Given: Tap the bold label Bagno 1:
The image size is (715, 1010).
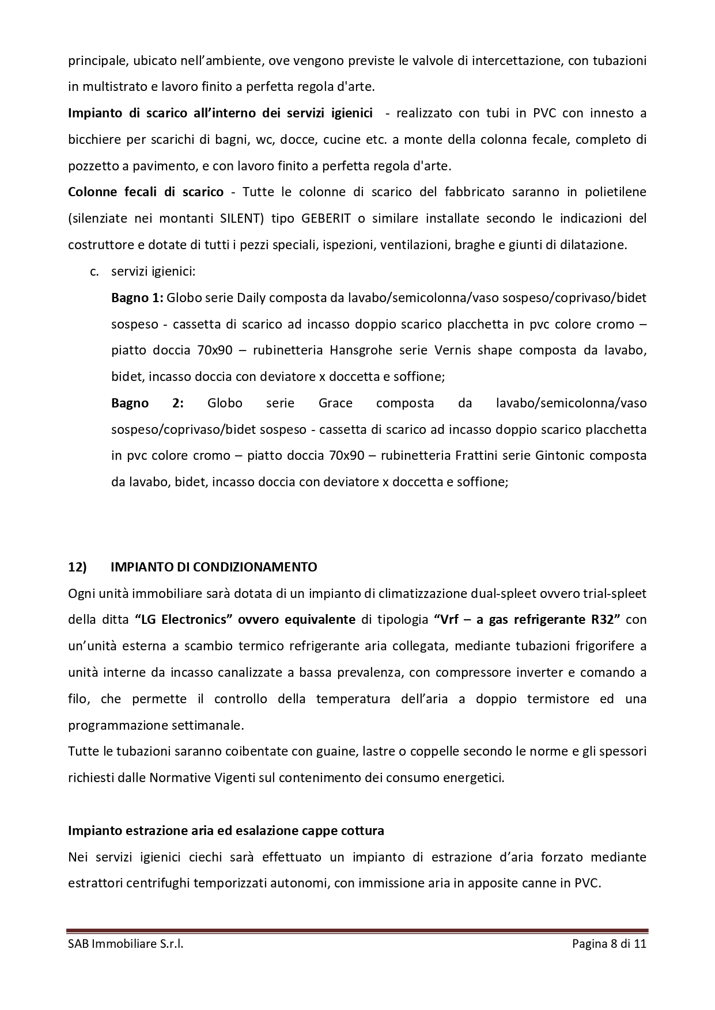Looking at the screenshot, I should [x=138, y=298].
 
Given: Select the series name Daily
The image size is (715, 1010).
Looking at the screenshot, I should [x=251, y=298].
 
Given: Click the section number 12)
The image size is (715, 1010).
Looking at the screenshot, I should [x=77, y=567].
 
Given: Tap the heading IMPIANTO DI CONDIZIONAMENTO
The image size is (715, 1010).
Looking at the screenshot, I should [x=213, y=567].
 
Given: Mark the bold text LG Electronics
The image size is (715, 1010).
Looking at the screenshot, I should [x=184, y=619].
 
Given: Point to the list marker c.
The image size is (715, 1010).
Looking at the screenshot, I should [x=94, y=271].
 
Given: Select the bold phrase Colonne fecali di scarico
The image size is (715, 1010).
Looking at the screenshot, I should [x=146, y=192].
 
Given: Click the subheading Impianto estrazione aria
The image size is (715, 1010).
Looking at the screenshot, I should [x=226, y=830].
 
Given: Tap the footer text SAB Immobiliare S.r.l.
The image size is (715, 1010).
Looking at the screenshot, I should [x=126, y=944].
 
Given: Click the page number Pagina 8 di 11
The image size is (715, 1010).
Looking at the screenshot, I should [x=609, y=944].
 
